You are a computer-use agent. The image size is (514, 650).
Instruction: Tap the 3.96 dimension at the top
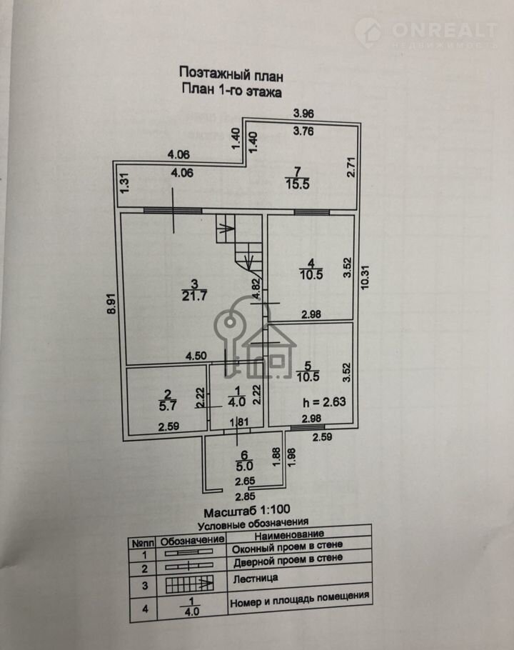(x=305, y=114)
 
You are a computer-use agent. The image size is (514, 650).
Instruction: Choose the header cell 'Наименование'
(x=288, y=534)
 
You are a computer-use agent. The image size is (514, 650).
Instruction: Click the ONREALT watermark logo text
(x=444, y=29)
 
